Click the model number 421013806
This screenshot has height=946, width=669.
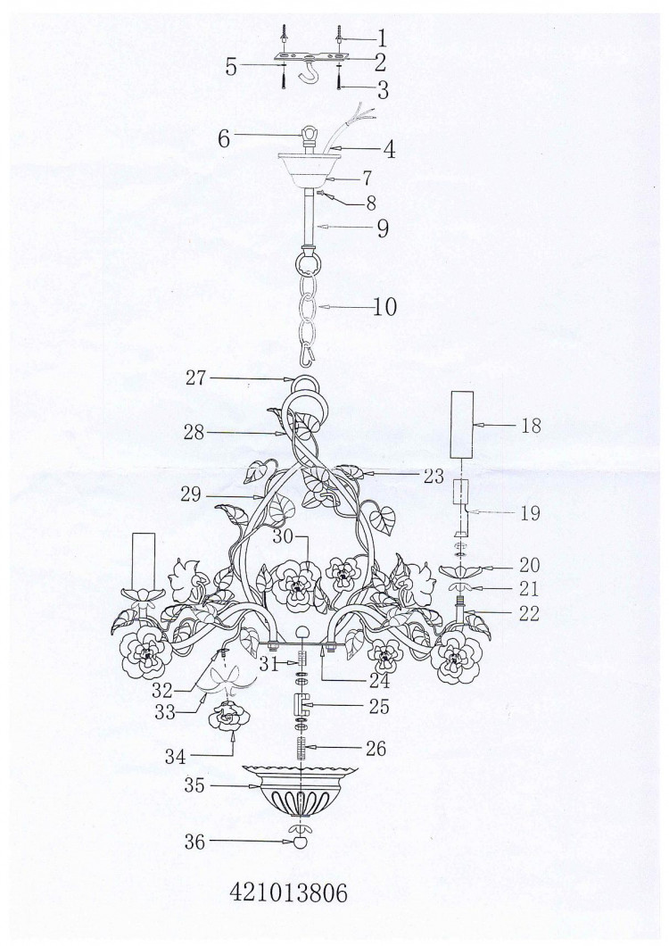(288, 892)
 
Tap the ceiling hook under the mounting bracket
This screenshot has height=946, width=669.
(309, 71)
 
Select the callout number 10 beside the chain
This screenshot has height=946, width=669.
(384, 306)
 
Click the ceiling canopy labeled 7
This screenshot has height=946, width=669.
(309, 170)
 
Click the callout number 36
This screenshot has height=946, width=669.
(194, 842)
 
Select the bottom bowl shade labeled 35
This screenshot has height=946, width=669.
(300, 791)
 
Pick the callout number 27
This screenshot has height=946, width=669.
(195, 378)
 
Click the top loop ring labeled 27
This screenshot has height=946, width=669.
(306, 385)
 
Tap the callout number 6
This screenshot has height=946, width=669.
(224, 138)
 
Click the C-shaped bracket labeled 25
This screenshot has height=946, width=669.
(301, 703)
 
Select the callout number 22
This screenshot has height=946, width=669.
(528, 614)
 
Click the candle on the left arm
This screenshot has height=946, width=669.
(144, 562)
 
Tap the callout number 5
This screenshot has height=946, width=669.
(231, 66)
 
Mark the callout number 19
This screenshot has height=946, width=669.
(530, 513)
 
